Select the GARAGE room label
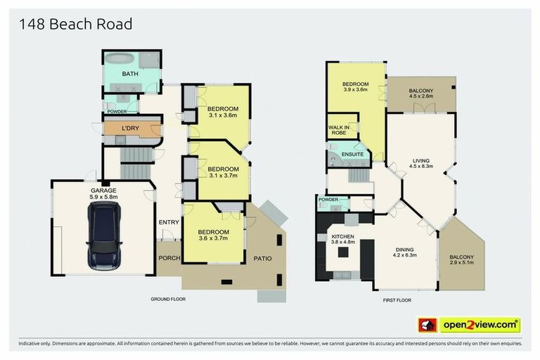103,191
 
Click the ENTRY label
169,222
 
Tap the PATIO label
262,258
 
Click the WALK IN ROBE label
340,131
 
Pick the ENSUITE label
352,154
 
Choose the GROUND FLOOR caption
168,299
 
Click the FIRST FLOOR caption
397,300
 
